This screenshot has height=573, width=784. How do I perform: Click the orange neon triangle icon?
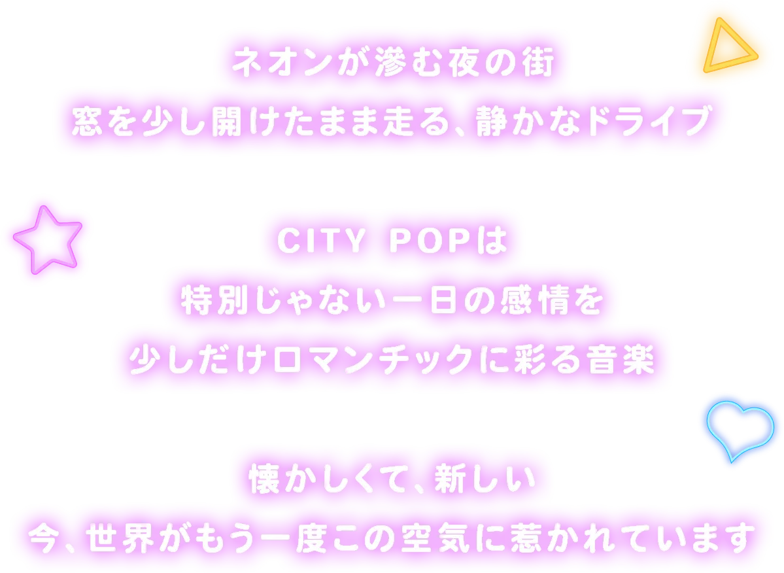[x=724, y=48]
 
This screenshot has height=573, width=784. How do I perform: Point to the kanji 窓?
[x=87, y=122]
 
